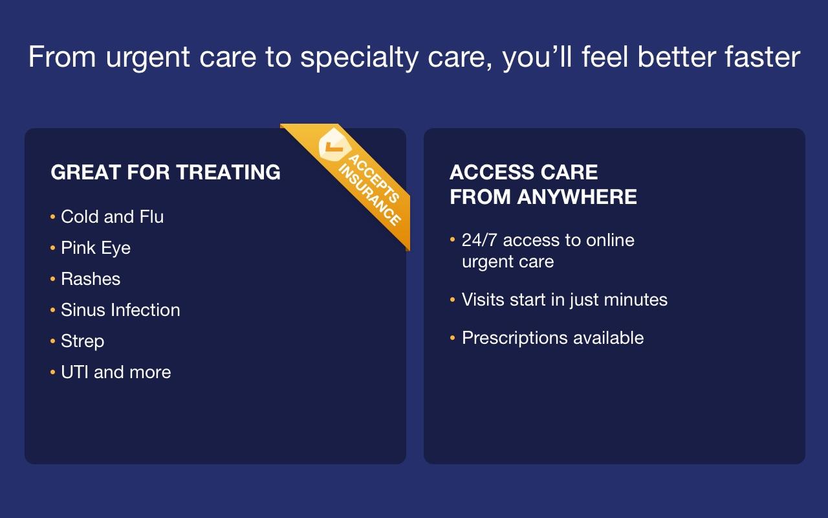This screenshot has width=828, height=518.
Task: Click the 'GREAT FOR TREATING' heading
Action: (x=166, y=172)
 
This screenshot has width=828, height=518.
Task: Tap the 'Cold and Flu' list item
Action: (x=112, y=216)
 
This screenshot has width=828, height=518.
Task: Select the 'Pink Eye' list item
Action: (x=96, y=248)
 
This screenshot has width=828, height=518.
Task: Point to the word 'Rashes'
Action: (x=91, y=278)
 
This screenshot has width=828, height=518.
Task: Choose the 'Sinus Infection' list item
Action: (x=120, y=310)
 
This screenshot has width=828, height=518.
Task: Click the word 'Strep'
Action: (x=82, y=341)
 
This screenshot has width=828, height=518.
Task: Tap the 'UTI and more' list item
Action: (x=116, y=372)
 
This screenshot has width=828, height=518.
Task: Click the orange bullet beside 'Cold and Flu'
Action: (x=52, y=216)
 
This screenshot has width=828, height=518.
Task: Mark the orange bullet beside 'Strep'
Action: (x=52, y=341)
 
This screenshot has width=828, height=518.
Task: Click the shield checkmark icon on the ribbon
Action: (x=333, y=146)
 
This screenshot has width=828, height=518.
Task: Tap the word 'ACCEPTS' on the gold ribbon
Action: (x=374, y=179)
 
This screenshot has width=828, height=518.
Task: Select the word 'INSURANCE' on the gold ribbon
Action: (x=369, y=195)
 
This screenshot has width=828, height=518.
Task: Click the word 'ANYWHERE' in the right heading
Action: (x=577, y=196)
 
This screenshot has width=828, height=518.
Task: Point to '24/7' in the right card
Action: (x=479, y=240)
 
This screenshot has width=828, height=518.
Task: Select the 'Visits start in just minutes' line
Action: (x=565, y=300)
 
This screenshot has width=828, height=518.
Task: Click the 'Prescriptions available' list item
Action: (x=552, y=338)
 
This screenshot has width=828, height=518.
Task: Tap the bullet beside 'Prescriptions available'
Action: (x=452, y=337)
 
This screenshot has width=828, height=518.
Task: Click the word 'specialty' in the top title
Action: (x=359, y=58)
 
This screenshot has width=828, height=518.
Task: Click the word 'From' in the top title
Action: (x=62, y=56)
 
